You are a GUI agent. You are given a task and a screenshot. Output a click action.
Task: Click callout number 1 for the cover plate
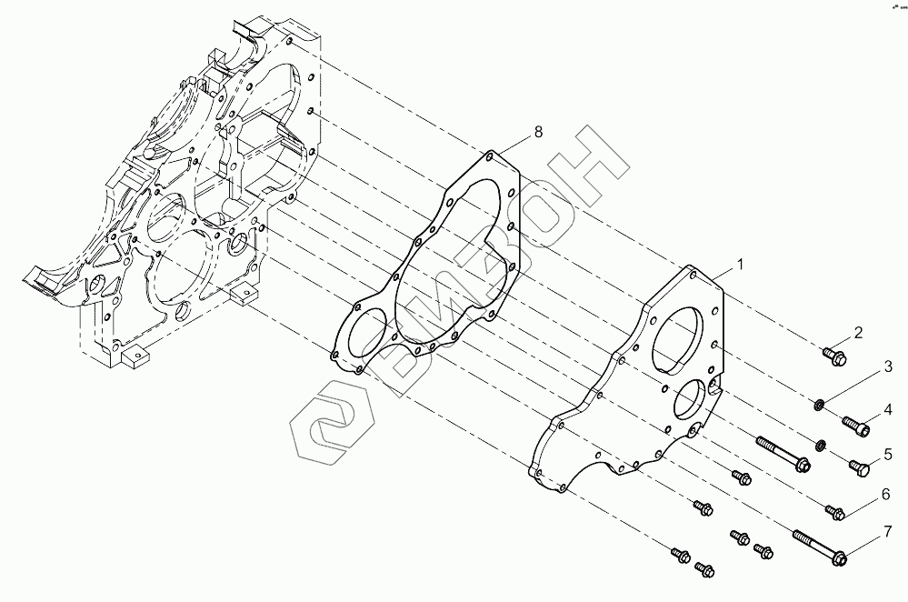pos(741,265)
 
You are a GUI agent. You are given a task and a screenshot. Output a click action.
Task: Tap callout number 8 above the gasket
pos(538,133)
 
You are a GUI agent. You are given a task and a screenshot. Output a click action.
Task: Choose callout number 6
pos(883,495)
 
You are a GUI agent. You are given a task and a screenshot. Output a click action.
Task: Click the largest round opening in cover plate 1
pos(682,341)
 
